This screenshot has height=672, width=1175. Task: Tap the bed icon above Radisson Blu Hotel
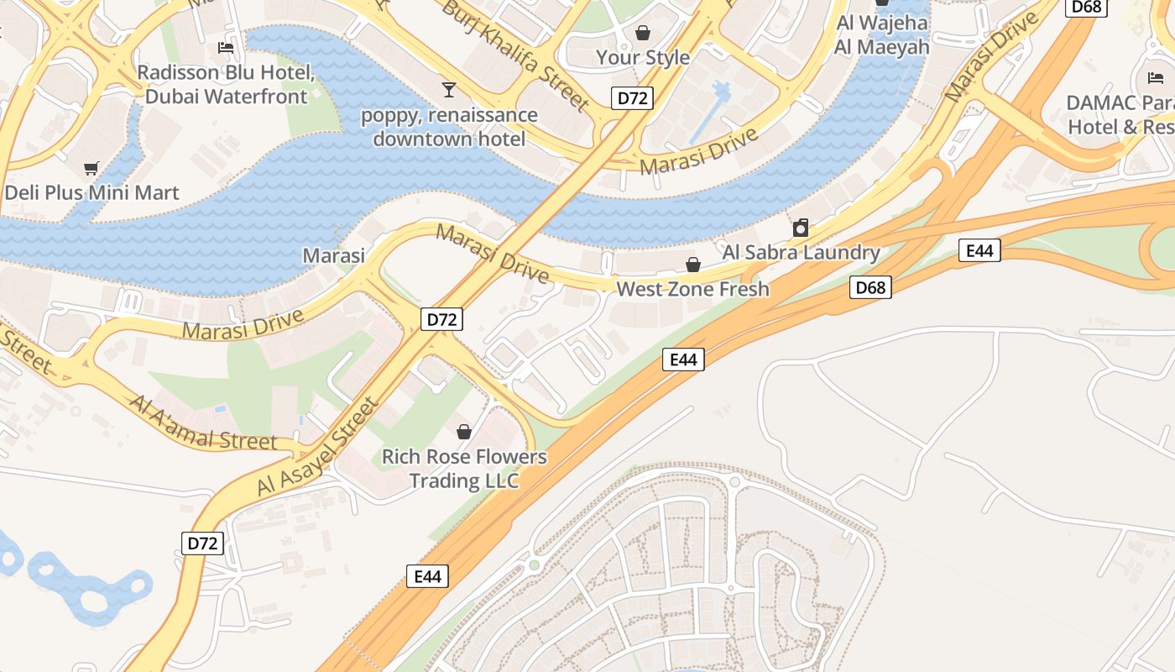(x=226, y=47)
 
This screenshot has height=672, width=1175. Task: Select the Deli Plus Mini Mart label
(x=91, y=192)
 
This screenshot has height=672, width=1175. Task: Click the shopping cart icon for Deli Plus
(x=91, y=168)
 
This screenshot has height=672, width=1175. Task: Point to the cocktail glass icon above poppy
(x=449, y=89)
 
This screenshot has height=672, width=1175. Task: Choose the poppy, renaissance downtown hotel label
(x=449, y=126)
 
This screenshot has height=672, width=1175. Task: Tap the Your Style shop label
(x=643, y=57)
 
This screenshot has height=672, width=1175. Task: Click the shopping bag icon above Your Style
(x=643, y=33)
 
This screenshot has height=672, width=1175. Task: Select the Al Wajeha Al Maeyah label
(x=881, y=35)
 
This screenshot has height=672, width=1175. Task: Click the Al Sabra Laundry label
(x=801, y=252)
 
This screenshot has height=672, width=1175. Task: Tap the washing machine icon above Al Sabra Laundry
(x=801, y=228)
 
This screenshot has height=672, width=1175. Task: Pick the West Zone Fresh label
(x=692, y=289)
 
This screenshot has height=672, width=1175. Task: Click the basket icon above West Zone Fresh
(x=693, y=265)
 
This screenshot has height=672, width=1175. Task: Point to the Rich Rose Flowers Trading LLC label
(x=464, y=469)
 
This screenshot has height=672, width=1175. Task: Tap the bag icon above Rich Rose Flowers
(x=464, y=432)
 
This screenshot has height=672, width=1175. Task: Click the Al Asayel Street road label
(x=318, y=448)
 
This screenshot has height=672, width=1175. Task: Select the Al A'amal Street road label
(x=202, y=422)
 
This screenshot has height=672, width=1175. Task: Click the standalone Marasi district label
(x=334, y=255)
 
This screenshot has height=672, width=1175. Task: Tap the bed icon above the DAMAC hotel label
(x=1156, y=78)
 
